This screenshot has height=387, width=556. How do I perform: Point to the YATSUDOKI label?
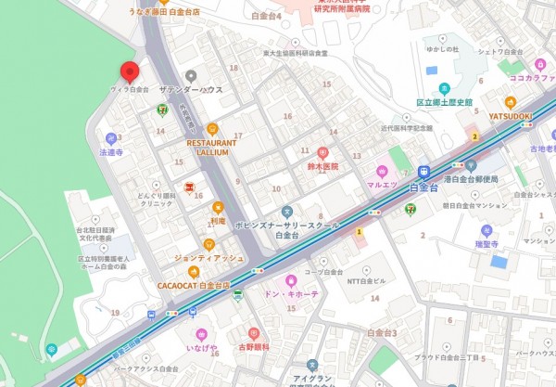click(511, 116)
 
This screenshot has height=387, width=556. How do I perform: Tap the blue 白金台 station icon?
click(423, 172)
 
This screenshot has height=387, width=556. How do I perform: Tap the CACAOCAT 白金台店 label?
click(194, 285)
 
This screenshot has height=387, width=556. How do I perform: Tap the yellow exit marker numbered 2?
click(475, 135)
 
